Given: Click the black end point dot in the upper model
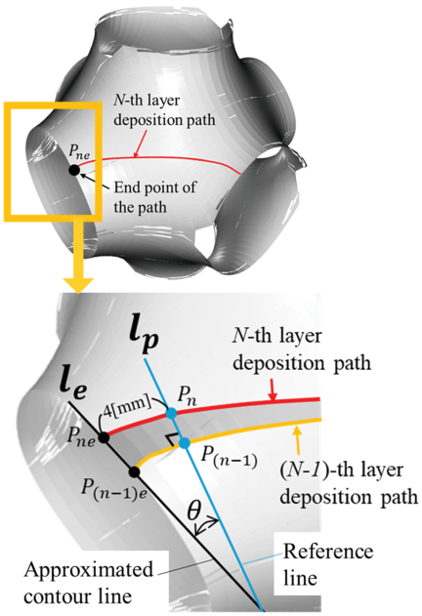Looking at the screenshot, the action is pos(74,170).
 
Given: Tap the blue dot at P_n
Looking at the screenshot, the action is pos(171,413).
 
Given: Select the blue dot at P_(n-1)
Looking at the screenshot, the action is pos(184,443).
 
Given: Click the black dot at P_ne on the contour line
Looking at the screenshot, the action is pos(104,437).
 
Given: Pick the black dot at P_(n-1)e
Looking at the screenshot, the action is pos(135,472).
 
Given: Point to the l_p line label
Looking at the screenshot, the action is pos(145,338).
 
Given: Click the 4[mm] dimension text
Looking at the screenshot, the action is pos(127,403).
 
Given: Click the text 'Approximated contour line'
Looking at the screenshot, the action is pos(89,583).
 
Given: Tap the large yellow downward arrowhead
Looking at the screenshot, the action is pos(79,285).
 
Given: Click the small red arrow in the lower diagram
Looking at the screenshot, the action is pos(272,390).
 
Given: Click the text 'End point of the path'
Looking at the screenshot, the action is pos(154,197).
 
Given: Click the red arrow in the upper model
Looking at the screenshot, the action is pos(140,144).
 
